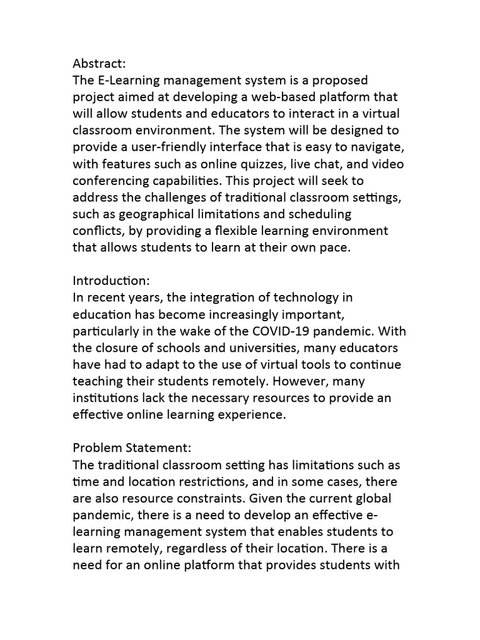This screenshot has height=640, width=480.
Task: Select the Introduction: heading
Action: pos(111,281)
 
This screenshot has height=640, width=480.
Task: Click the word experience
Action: pos(251,414)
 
